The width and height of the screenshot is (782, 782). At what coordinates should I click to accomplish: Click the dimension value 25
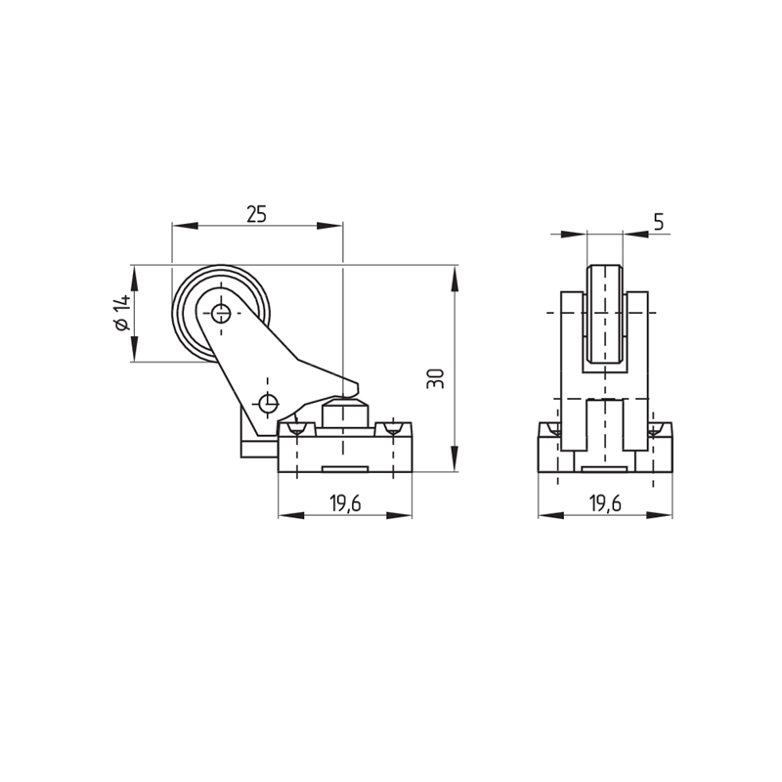[257, 214]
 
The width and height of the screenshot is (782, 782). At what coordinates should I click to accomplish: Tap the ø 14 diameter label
[122, 312]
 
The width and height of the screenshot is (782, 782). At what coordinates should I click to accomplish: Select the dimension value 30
[435, 379]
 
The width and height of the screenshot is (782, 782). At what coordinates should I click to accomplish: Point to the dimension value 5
[659, 223]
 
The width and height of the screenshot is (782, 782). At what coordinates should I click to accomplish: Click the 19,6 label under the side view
[345, 503]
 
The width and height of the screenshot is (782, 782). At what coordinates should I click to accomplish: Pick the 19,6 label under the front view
[605, 503]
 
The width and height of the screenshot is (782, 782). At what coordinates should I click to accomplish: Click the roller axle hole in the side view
[220, 314]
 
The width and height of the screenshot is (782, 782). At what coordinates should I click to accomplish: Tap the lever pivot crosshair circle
[268, 402]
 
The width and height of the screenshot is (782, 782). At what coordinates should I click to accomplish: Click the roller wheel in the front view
[605, 314]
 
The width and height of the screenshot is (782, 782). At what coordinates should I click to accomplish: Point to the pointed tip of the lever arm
[358, 385]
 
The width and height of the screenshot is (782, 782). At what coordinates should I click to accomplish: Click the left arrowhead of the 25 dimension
[185, 226]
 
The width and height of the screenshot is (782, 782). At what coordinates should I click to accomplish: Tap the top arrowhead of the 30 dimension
[455, 279]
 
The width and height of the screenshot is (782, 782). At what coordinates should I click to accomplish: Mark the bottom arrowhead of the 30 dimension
[455, 458]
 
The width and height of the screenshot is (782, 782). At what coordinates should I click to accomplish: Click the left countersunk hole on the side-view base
[297, 428]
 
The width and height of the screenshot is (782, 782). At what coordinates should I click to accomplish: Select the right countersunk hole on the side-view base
[393, 428]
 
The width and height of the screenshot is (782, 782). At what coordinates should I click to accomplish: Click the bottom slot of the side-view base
[345, 469]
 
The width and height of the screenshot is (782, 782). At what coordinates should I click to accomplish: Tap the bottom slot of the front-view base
[604, 469]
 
